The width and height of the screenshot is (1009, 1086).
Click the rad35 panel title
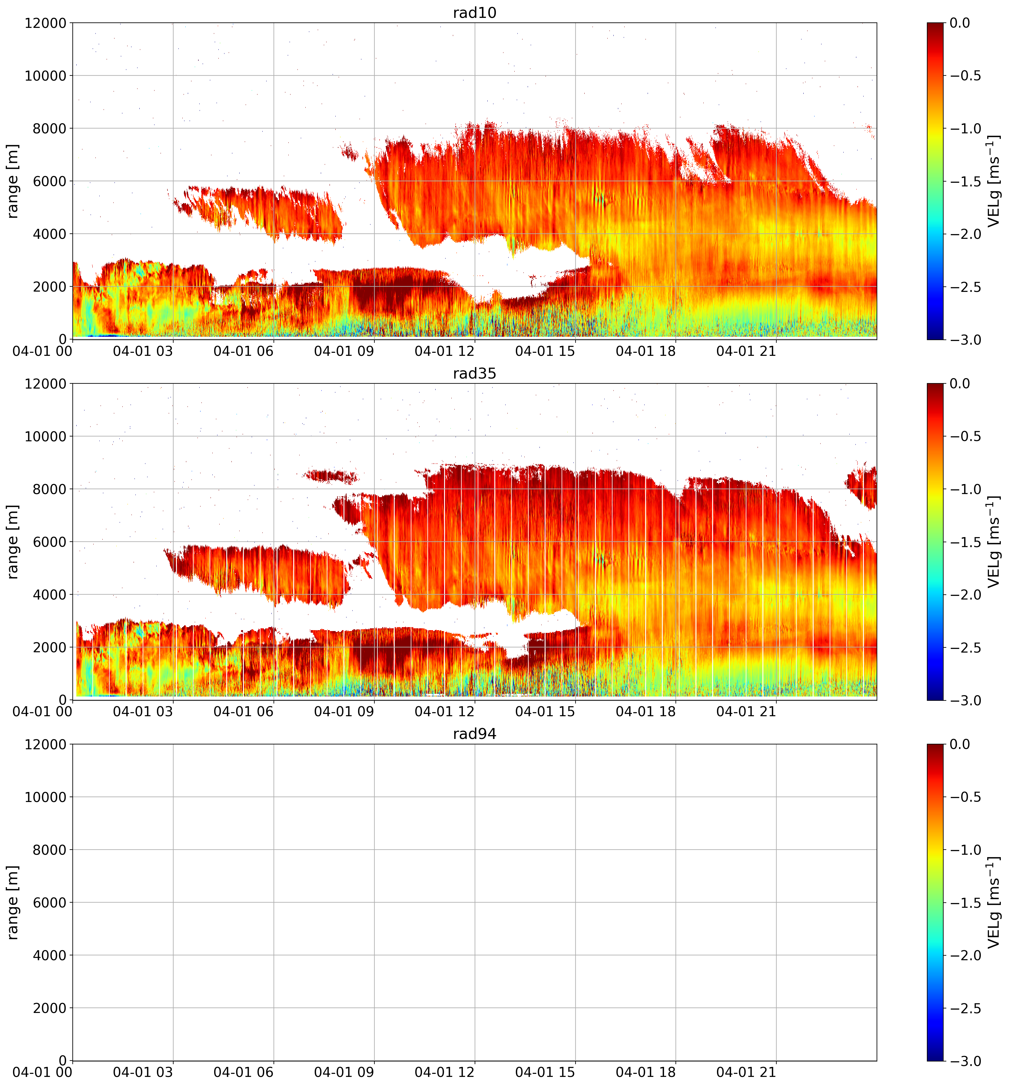pos(474,374)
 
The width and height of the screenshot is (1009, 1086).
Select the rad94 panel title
pos(474,734)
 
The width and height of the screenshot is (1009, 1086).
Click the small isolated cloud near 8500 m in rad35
pos(331,476)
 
